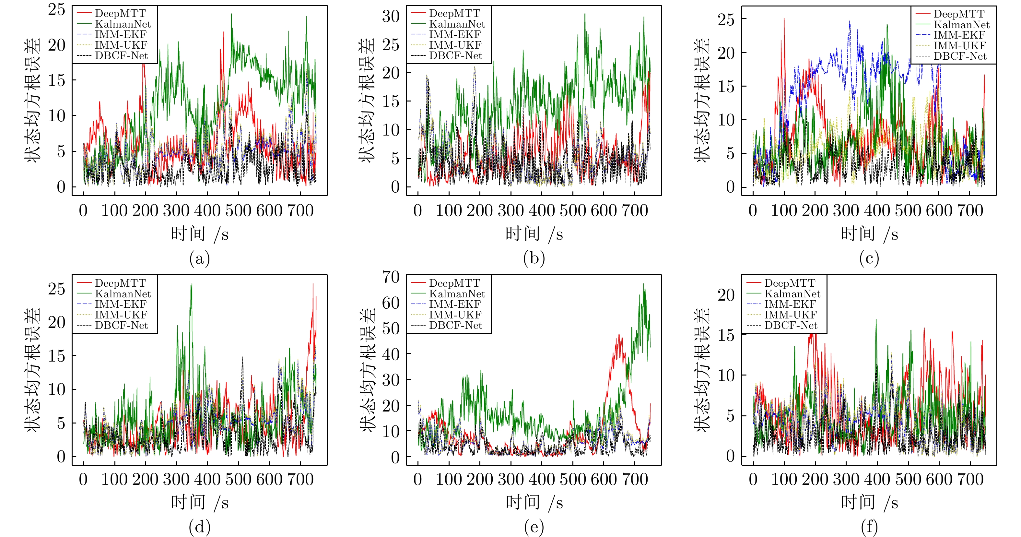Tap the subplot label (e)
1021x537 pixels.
(x=534, y=528)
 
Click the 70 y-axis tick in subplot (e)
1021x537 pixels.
(x=391, y=277)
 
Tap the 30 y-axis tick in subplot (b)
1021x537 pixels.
(x=391, y=16)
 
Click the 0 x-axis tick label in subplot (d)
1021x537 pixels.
(x=83, y=480)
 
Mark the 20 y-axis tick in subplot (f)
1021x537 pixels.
(x=726, y=295)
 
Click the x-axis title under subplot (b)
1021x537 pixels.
(x=534, y=234)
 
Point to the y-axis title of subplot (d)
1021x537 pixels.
(x=32, y=370)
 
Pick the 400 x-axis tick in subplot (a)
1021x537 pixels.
(x=207, y=210)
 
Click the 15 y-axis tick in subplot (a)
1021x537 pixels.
(x=57, y=80)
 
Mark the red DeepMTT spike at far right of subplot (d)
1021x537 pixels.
(x=313, y=284)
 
